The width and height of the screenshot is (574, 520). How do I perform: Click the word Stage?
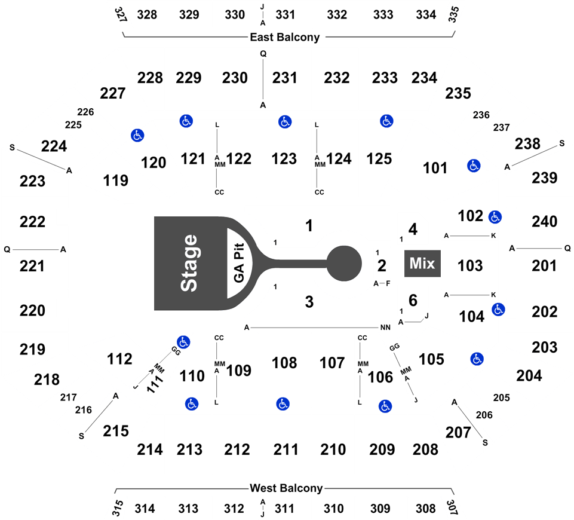(x=189, y=263)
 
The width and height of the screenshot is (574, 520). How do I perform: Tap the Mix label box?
(x=422, y=263)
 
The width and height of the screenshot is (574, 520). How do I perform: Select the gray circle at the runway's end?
(x=345, y=263)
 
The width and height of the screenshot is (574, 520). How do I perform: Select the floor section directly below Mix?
(x=412, y=300)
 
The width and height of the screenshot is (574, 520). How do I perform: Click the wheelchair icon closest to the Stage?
(x=183, y=342)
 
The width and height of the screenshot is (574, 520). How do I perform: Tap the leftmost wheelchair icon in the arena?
(x=137, y=136)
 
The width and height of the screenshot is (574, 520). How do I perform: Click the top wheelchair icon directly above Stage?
(x=186, y=121)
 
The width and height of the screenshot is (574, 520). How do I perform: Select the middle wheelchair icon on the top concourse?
(x=285, y=122)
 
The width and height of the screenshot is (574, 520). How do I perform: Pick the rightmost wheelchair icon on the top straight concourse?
(x=386, y=121)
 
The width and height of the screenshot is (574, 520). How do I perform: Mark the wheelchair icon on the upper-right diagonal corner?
(x=474, y=166)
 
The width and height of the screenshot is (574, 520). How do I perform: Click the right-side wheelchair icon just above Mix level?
(x=495, y=217)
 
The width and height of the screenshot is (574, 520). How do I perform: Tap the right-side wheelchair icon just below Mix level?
(x=498, y=310)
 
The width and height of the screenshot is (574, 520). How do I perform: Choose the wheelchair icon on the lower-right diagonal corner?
(x=477, y=359)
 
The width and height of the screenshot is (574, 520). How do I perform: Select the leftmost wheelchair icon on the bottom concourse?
(x=191, y=404)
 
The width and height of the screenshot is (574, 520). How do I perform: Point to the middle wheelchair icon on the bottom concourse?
(x=283, y=404)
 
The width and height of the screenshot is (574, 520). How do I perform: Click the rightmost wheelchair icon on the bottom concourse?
(x=385, y=406)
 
